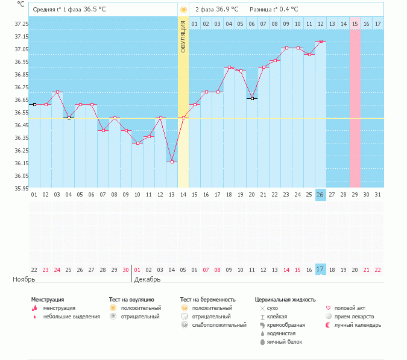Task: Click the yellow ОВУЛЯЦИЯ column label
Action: tap(183, 36)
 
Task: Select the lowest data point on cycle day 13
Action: tap(172, 162)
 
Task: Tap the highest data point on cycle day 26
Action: tap(321, 41)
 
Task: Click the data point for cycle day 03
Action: tap(57, 92)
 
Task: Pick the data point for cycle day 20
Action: tap(252, 98)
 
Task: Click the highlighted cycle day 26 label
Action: tap(321, 195)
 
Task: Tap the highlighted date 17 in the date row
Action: tap(321, 270)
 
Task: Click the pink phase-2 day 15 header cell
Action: tap(355, 24)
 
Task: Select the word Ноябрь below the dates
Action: tap(24, 280)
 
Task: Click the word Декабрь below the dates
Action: tap(147, 280)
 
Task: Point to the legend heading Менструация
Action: tap(48, 299)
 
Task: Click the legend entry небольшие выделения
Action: tap(71, 316)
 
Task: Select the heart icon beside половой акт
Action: tap(328, 308)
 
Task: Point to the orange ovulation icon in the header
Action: tap(183, 10)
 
